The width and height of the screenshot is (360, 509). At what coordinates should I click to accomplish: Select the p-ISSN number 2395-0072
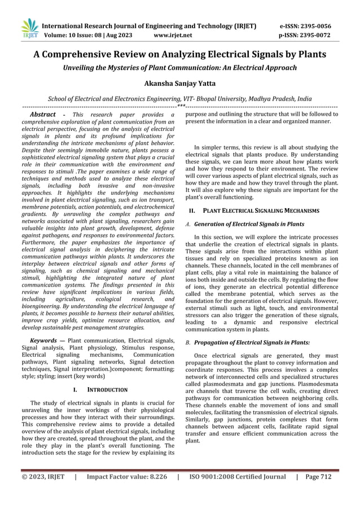coord(314,35)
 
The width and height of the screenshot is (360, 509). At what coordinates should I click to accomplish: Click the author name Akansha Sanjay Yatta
coord(179,81)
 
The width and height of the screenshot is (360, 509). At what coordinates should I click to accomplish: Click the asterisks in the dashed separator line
coord(180,106)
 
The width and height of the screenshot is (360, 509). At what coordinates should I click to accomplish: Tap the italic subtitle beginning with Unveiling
coord(179,68)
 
